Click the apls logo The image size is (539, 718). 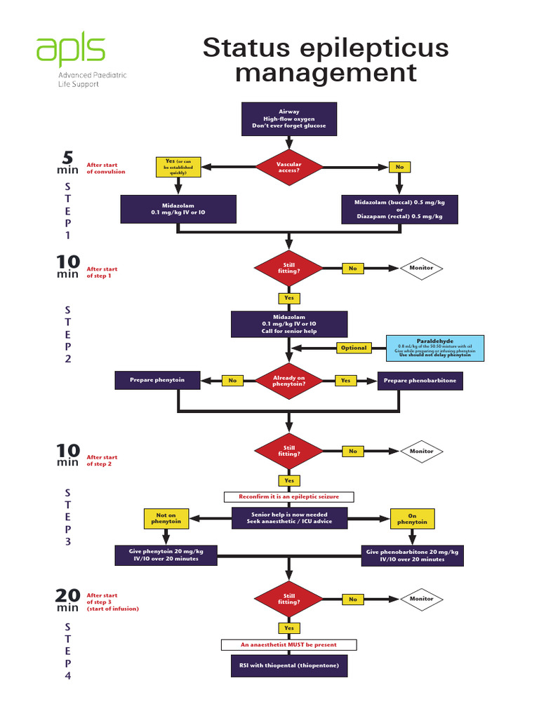[x=71, y=51]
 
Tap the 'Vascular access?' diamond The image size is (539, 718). [x=289, y=167]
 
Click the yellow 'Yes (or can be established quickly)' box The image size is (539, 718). [x=178, y=166]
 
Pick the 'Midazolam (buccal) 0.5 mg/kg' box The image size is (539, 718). [x=399, y=209]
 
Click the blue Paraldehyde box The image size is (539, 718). [x=435, y=348]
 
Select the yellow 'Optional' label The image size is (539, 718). [x=354, y=348]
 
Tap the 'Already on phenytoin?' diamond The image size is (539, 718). [x=289, y=381]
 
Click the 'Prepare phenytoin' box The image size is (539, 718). [x=157, y=380]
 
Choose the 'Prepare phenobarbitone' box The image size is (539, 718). [x=420, y=381]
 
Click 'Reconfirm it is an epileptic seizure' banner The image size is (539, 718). [x=289, y=496]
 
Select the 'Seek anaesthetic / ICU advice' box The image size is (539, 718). [x=289, y=518]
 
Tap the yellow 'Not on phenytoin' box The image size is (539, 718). [x=166, y=518]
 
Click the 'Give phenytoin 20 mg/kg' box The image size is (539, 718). [x=166, y=555]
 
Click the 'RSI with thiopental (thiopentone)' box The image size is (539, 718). [x=289, y=665]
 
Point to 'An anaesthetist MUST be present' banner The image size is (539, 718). [x=289, y=644]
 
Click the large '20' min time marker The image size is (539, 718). [x=67, y=596]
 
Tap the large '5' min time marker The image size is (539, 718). [x=67, y=158]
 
